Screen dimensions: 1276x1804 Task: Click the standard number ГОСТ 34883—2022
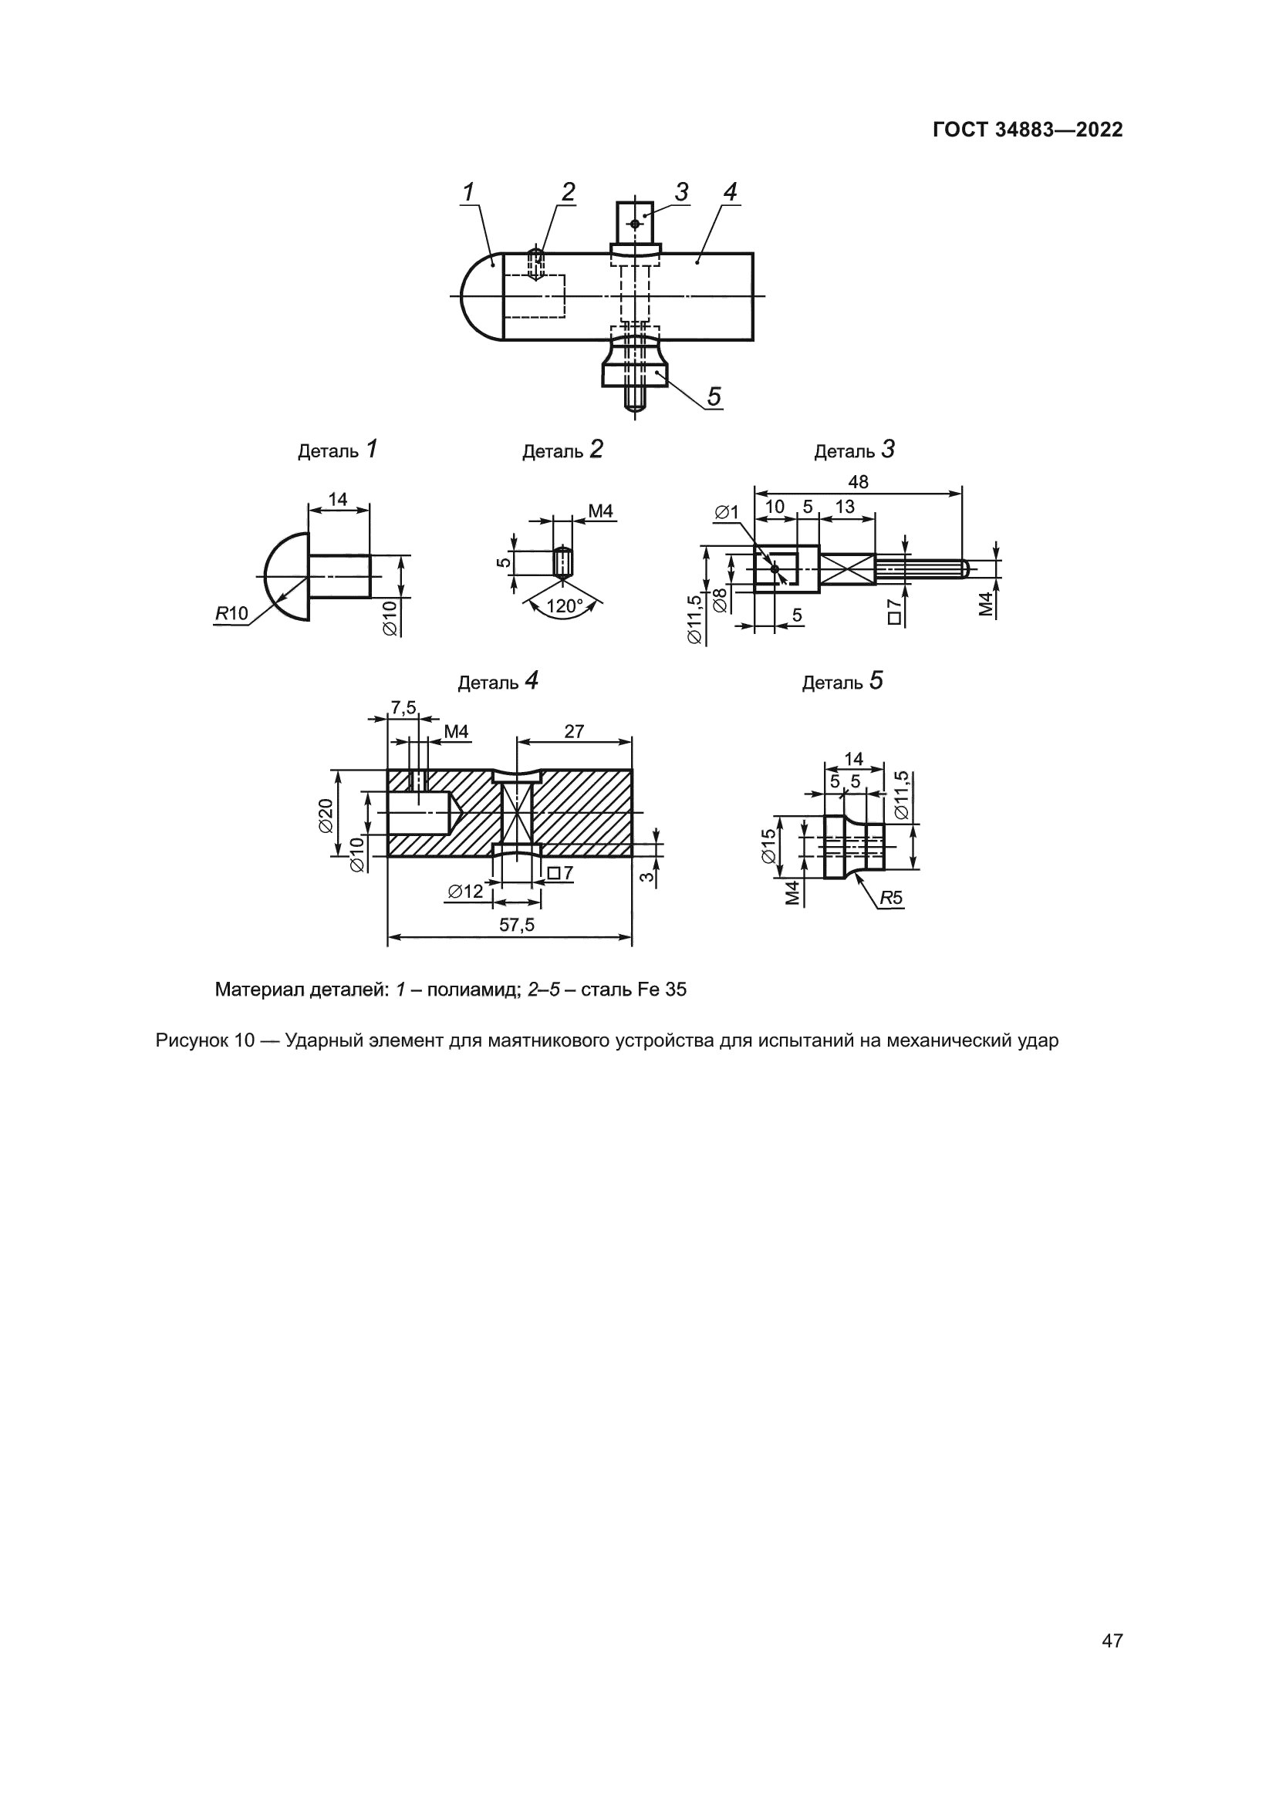click(1028, 130)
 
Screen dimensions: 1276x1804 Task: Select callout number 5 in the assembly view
click(714, 396)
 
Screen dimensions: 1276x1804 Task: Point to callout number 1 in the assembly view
click(469, 191)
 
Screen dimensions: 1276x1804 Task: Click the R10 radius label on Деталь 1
click(231, 613)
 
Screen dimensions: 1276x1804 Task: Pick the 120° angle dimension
click(565, 606)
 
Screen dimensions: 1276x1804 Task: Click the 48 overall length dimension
click(858, 481)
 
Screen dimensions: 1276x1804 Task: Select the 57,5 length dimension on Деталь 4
click(517, 925)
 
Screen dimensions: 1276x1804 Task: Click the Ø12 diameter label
click(466, 891)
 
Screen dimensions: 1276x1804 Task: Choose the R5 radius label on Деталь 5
click(891, 897)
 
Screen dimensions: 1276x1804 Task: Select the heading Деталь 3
click(855, 450)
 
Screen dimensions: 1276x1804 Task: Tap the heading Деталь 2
click(562, 450)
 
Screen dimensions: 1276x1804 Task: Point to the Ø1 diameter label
click(727, 512)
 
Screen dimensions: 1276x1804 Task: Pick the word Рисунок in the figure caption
click(192, 1041)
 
